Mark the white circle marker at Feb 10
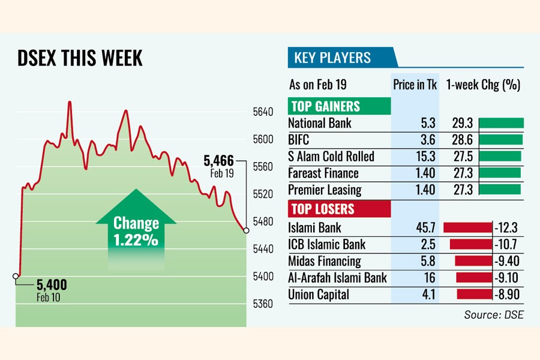click(x=16, y=276)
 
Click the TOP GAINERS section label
click(x=325, y=107)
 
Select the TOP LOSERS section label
click(x=323, y=209)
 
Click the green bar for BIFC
click(x=501, y=140)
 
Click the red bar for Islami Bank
click(x=467, y=227)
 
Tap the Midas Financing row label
click(x=325, y=261)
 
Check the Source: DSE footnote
click(x=493, y=314)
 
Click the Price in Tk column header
click(x=415, y=85)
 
